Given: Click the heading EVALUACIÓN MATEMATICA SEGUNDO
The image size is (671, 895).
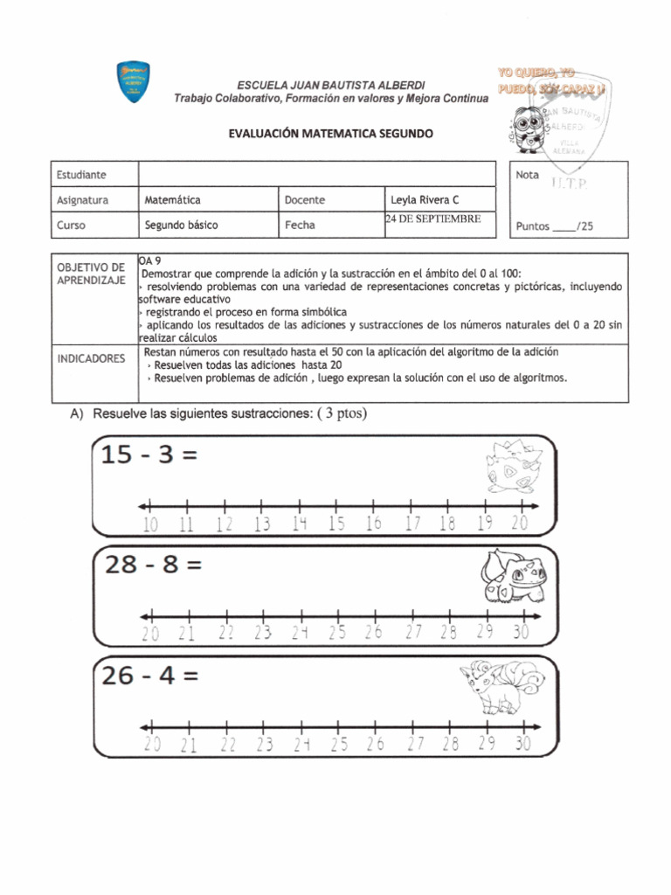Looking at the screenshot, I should (x=330, y=134).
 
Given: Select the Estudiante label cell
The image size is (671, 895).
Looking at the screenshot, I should (x=81, y=175).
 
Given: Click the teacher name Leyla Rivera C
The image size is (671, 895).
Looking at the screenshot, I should (x=425, y=200).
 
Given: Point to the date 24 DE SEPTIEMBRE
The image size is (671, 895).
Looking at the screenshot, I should (x=433, y=219).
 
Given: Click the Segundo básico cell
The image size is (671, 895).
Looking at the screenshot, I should (x=182, y=225).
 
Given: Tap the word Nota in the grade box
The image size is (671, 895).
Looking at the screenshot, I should (x=528, y=175).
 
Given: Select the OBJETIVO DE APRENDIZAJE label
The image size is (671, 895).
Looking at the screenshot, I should (x=92, y=273).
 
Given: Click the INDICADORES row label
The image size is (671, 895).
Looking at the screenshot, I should (x=92, y=358).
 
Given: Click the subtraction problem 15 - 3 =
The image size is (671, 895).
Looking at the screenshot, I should (x=147, y=455).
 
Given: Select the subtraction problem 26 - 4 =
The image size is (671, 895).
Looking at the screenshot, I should (x=152, y=676).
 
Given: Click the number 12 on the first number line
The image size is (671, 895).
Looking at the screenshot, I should (x=225, y=524).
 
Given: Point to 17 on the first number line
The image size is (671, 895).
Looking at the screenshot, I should (x=412, y=524).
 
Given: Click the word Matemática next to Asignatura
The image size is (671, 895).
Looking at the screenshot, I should (x=173, y=200).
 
